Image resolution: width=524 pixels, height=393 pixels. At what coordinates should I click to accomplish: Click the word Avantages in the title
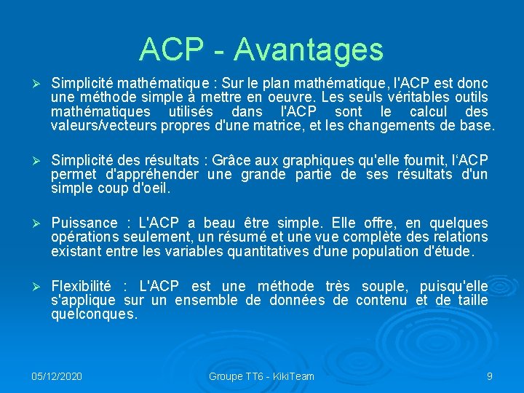(x=309, y=49)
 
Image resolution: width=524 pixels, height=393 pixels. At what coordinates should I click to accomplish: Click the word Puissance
(x=84, y=223)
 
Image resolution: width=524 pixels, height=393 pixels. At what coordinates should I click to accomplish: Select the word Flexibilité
(x=82, y=286)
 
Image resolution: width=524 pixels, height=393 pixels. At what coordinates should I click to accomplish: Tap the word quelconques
(x=94, y=314)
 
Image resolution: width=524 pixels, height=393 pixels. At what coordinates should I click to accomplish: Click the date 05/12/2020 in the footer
(x=57, y=376)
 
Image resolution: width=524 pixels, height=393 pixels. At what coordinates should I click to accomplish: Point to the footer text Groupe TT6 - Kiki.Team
(x=261, y=376)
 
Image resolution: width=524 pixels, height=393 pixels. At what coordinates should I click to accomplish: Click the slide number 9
(x=490, y=376)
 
